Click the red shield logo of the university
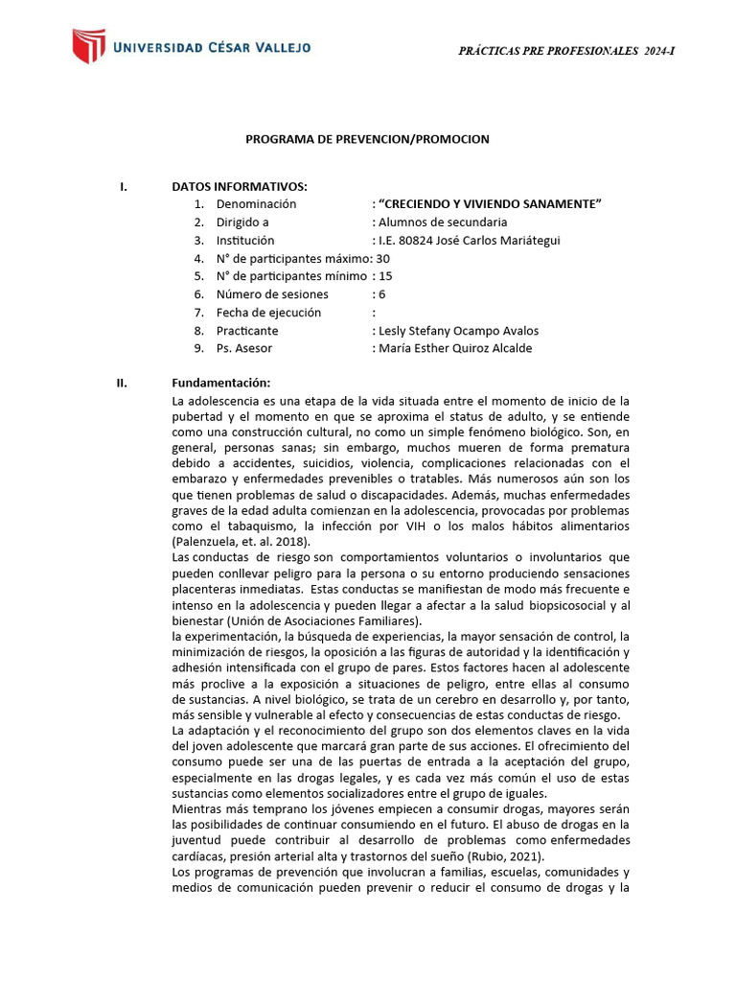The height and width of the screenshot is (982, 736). [x=88, y=47]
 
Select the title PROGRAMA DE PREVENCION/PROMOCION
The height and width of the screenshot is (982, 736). [x=367, y=139]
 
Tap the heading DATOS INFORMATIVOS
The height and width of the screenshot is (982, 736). [x=240, y=186]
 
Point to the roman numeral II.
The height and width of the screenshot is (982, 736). [x=122, y=383]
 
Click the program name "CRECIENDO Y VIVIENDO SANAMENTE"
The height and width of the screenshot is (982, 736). [x=490, y=204]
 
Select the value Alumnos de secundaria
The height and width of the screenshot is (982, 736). [x=442, y=222]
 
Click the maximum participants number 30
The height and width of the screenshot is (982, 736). [x=383, y=259]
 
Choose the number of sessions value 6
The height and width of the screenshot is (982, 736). [x=381, y=294]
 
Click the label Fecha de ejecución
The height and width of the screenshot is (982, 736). [x=268, y=313]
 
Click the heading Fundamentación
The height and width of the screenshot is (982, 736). [x=220, y=383]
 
